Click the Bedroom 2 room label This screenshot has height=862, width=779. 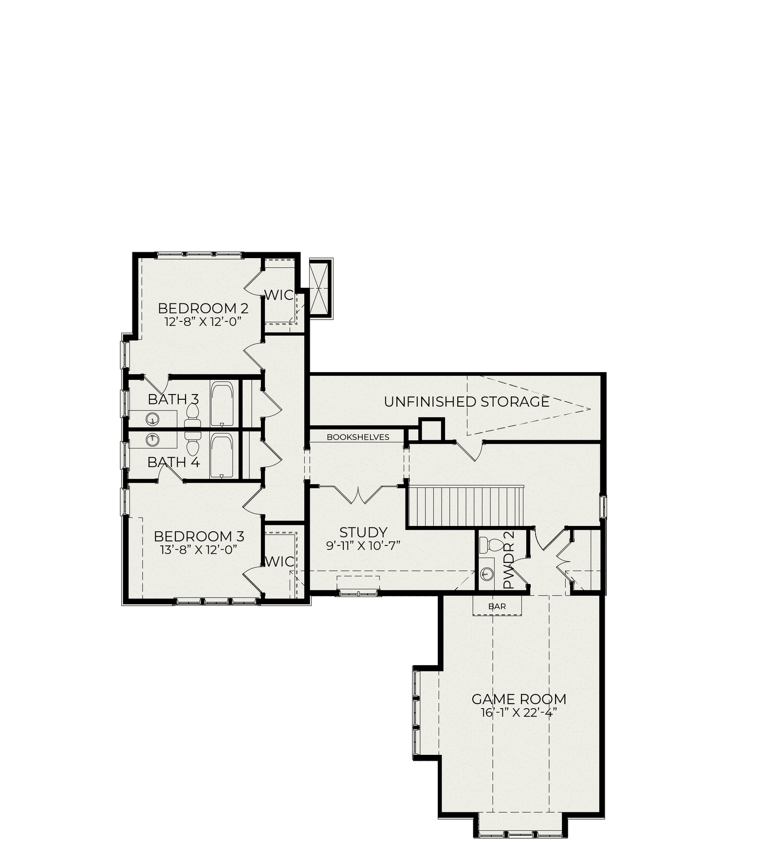[x=203, y=308]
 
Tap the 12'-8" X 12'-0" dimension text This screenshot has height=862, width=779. [x=204, y=321]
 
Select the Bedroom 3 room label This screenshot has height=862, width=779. [x=199, y=536]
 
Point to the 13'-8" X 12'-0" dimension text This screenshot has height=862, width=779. [x=199, y=549]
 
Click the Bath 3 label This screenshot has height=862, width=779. [x=173, y=399]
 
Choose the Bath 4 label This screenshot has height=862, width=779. [x=174, y=462]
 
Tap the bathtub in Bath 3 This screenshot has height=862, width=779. [x=222, y=404]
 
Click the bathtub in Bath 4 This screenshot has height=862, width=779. [x=222, y=456]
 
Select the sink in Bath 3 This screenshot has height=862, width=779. [x=153, y=418]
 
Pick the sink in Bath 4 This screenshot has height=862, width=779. [x=153, y=439]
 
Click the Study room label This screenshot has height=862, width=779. [x=363, y=532]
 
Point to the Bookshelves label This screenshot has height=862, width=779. [x=358, y=437]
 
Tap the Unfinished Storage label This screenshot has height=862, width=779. [x=466, y=402]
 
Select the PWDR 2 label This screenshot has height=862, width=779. [x=508, y=560]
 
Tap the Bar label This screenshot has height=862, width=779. [x=497, y=606]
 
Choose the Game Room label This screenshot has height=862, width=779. [x=519, y=699]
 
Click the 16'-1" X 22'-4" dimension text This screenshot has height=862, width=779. [x=519, y=712]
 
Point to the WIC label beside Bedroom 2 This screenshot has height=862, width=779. [x=279, y=295]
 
